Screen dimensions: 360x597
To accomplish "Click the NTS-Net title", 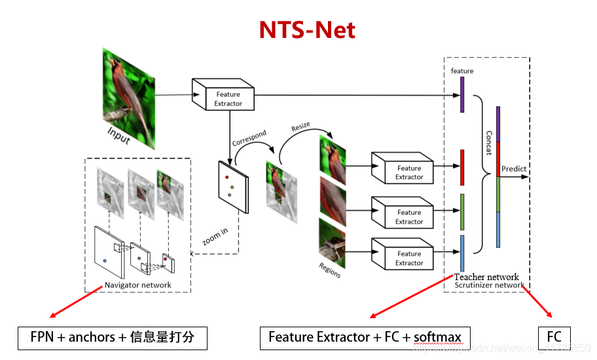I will pyautogui.click(x=307, y=29).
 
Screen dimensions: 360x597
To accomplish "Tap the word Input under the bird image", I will pyautogui.click(x=118, y=136).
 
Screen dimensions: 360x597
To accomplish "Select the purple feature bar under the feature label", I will pyautogui.click(x=462, y=94).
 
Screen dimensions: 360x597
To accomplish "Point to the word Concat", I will pyautogui.click(x=488, y=142).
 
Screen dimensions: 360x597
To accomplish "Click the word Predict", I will pyautogui.click(x=514, y=169).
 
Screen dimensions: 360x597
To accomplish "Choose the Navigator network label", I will pyautogui.click(x=138, y=285).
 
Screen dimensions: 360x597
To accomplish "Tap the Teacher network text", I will pyautogui.click(x=486, y=277).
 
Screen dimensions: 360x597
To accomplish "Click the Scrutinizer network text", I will pyautogui.click(x=489, y=285).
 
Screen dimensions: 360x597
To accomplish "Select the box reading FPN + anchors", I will pyautogui.click(x=113, y=338).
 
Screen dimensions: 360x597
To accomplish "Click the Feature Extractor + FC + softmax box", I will pyautogui.click(x=365, y=338).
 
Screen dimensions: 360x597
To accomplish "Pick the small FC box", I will pyautogui.click(x=554, y=338).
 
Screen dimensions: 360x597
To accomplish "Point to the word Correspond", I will pyautogui.click(x=249, y=138).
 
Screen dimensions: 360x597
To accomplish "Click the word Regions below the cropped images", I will pyautogui.click(x=330, y=270).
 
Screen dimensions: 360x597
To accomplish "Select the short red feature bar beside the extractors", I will pyautogui.click(x=462, y=167).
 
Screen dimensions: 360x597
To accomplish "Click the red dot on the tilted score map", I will pyautogui.click(x=226, y=177).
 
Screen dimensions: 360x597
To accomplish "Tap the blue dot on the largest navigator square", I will pyautogui.click(x=105, y=261).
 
